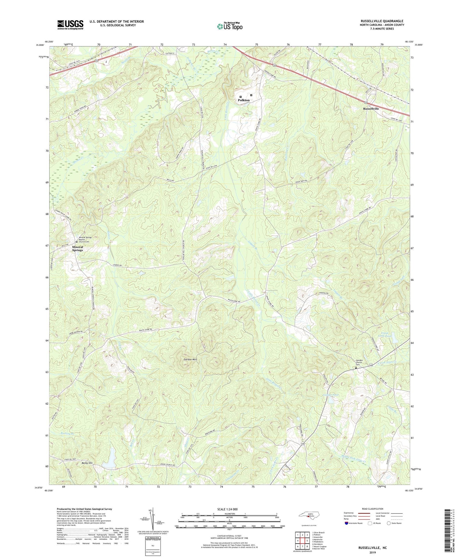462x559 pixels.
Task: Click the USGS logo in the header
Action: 70,25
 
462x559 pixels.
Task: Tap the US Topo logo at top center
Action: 230,26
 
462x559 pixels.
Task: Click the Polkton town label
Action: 244,100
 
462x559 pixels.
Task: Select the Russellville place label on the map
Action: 371,109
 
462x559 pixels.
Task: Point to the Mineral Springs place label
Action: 77,248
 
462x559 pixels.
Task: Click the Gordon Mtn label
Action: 190,360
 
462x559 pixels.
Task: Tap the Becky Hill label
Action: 87,463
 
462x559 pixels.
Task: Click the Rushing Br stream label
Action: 68,433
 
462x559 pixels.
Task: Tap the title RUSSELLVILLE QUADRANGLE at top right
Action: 377,21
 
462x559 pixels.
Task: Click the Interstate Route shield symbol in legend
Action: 347,523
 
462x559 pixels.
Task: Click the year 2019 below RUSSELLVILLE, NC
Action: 372,552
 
